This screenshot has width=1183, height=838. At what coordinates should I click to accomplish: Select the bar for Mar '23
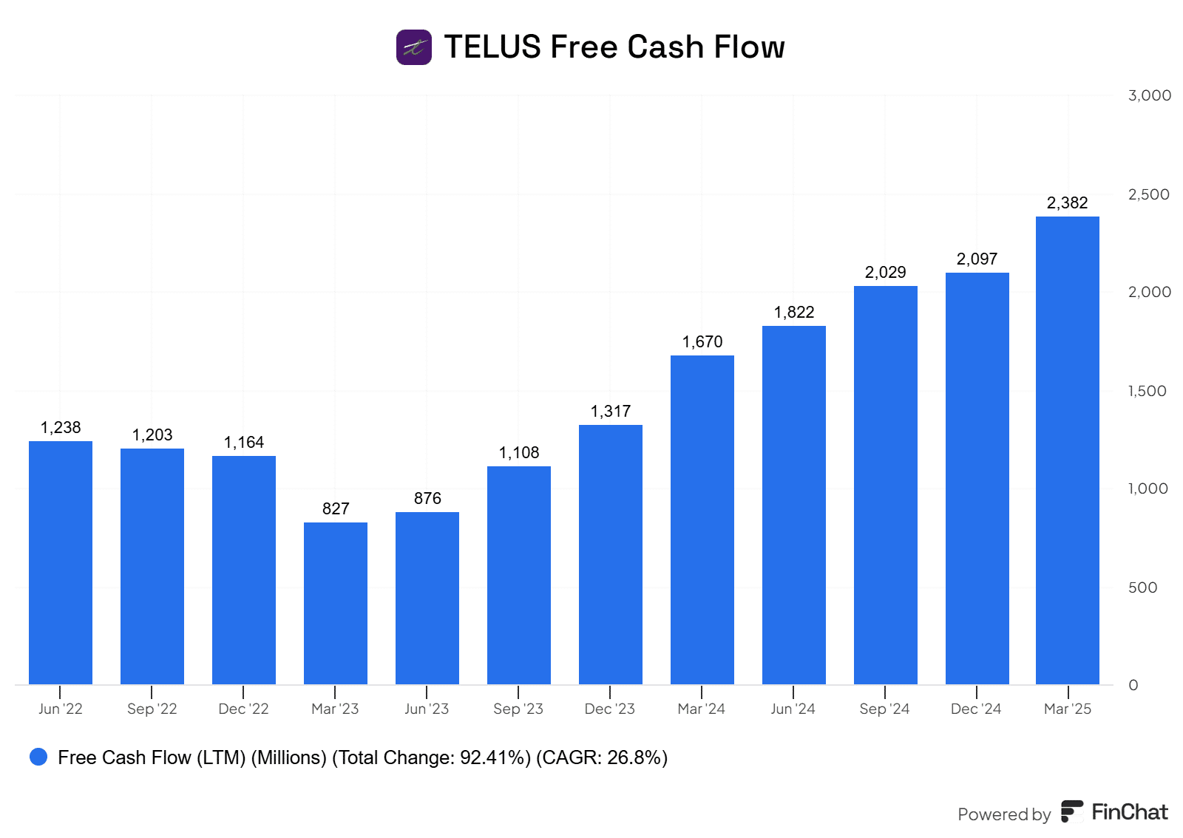(x=336, y=603)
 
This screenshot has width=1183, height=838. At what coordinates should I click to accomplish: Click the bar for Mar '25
(x=1068, y=451)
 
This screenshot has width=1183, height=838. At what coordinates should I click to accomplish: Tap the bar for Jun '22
(x=61, y=562)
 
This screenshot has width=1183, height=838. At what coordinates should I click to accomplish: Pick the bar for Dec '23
(x=611, y=554)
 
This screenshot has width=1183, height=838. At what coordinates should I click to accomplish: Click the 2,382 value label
(x=1067, y=203)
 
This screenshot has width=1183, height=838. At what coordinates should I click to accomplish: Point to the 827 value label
(x=336, y=509)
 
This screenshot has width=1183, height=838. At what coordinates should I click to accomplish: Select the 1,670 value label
(x=702, y=342)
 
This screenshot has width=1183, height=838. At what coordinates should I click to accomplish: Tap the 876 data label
(x=427, y=499)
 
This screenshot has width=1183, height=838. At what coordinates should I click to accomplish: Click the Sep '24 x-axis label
(x=884, y=709)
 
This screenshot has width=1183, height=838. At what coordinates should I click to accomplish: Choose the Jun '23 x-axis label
(x=427, y=709)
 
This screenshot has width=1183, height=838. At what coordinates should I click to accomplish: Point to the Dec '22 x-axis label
(x=243, y=709)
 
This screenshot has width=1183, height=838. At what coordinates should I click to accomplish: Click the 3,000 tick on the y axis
(x=1149, y=95)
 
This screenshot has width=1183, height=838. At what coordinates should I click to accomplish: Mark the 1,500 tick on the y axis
(x=1147, y=391)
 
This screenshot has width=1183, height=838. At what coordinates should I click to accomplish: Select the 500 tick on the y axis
(x=1142, y=587)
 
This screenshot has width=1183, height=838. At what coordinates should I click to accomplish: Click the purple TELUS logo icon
(x=414, y=47)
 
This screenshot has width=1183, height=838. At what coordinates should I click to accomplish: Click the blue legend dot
(x=38, y=757)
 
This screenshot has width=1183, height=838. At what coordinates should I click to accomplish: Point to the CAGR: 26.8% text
(x=602, y=757)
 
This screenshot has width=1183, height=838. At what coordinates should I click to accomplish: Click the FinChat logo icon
(x=1072, y=811)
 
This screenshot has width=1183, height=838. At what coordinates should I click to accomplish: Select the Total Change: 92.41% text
(x=431, y=757)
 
